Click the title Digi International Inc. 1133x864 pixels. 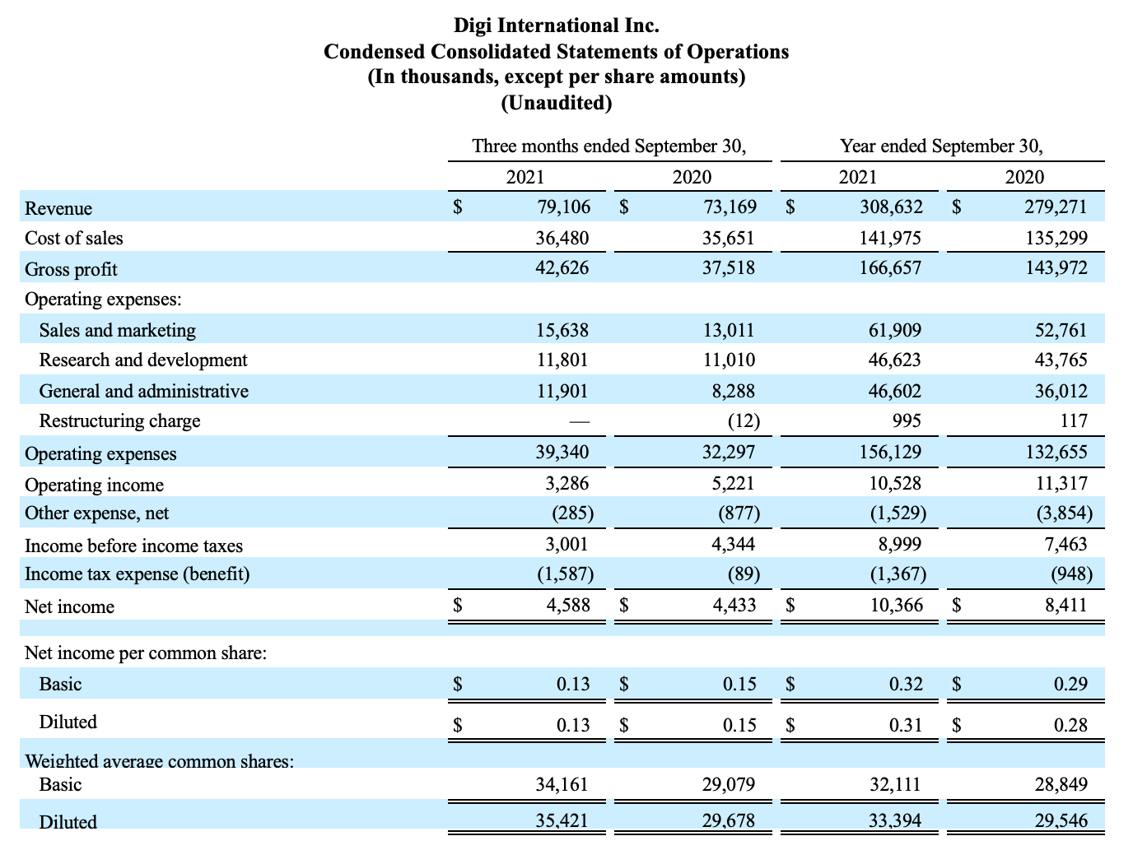556,26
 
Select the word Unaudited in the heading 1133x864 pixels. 556,102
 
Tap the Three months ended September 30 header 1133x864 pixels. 609,146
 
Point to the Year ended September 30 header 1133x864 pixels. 941,146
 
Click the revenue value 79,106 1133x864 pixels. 564,207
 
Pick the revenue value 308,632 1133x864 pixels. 891,207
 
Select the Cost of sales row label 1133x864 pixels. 74,238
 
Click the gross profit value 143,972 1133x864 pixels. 1056,267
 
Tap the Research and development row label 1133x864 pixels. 143,360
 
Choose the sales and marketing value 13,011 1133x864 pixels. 729,330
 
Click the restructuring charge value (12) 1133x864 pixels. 744,421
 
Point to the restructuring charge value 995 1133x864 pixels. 907,421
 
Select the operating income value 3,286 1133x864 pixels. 566,483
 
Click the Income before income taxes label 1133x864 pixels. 133,546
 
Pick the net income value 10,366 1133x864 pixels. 897,605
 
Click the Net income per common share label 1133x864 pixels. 146,653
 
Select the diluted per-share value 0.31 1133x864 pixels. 906,725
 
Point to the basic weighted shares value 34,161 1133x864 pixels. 562,784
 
